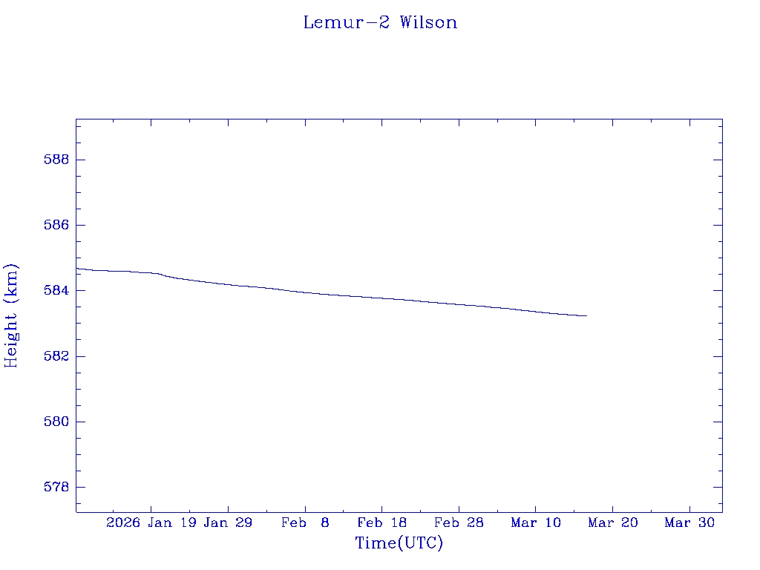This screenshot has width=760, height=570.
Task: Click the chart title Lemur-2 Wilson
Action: pos(380,22)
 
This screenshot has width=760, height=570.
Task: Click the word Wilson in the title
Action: pos(428,22)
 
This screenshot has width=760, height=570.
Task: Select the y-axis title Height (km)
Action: pos(12,315)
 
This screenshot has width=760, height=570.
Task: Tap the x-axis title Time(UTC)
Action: pos(399,543)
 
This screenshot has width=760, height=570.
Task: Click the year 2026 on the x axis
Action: pos(123,522)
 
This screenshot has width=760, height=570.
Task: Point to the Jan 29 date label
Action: pos(228,522)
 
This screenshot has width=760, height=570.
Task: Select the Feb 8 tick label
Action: pos(305,522)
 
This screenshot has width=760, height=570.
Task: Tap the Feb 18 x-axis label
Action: pos(382,522)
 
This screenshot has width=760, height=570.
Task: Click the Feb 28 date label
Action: pos(459,522)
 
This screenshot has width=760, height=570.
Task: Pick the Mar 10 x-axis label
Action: pos(536,522)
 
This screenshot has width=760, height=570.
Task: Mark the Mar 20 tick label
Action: pos(613,522)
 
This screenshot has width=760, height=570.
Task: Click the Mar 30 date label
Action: pos(689,522)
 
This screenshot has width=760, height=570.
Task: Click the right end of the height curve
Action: pos(586,315)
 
